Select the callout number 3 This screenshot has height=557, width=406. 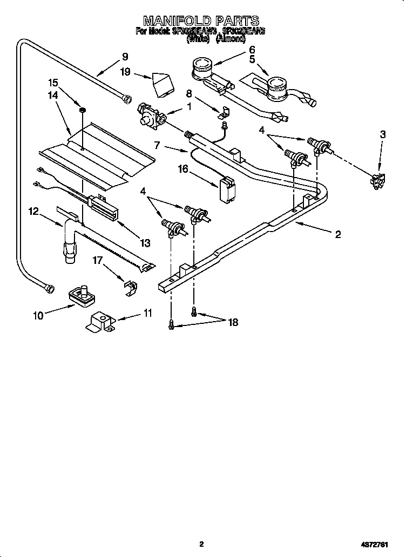coord(382,134)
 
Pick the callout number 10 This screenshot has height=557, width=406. coord(38,316)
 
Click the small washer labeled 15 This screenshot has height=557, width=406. coord(83,111)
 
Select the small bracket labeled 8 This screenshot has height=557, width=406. coord(224,112)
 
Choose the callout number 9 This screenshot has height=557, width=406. coord(125,56)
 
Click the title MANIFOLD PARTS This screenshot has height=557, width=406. coord(201,21)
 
